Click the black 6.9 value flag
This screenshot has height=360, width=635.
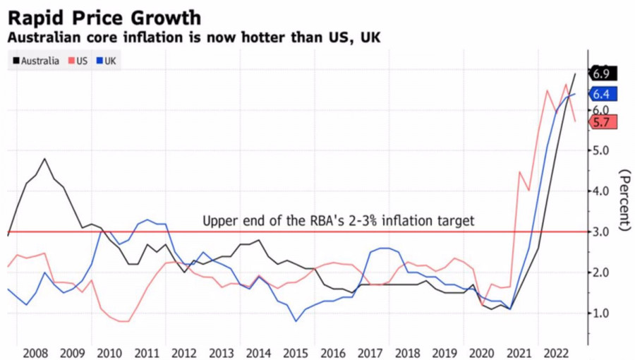tap(603, 73)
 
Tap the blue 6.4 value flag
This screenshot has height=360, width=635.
tap(603, 94)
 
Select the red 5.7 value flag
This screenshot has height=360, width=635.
tap(603, 122)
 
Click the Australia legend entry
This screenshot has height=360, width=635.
tap(36, 61)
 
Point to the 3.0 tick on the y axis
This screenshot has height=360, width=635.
tap(602, 232)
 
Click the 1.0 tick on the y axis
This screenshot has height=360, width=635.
tap(602, 313)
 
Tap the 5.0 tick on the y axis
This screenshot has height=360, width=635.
tap(602, 150)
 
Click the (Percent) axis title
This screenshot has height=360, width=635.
tap(624, 201)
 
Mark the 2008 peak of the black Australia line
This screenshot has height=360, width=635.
tap(44, 159)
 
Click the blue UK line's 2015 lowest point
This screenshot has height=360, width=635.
tap(296, 321)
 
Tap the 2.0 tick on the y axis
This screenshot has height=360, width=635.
tap(602, 272)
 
